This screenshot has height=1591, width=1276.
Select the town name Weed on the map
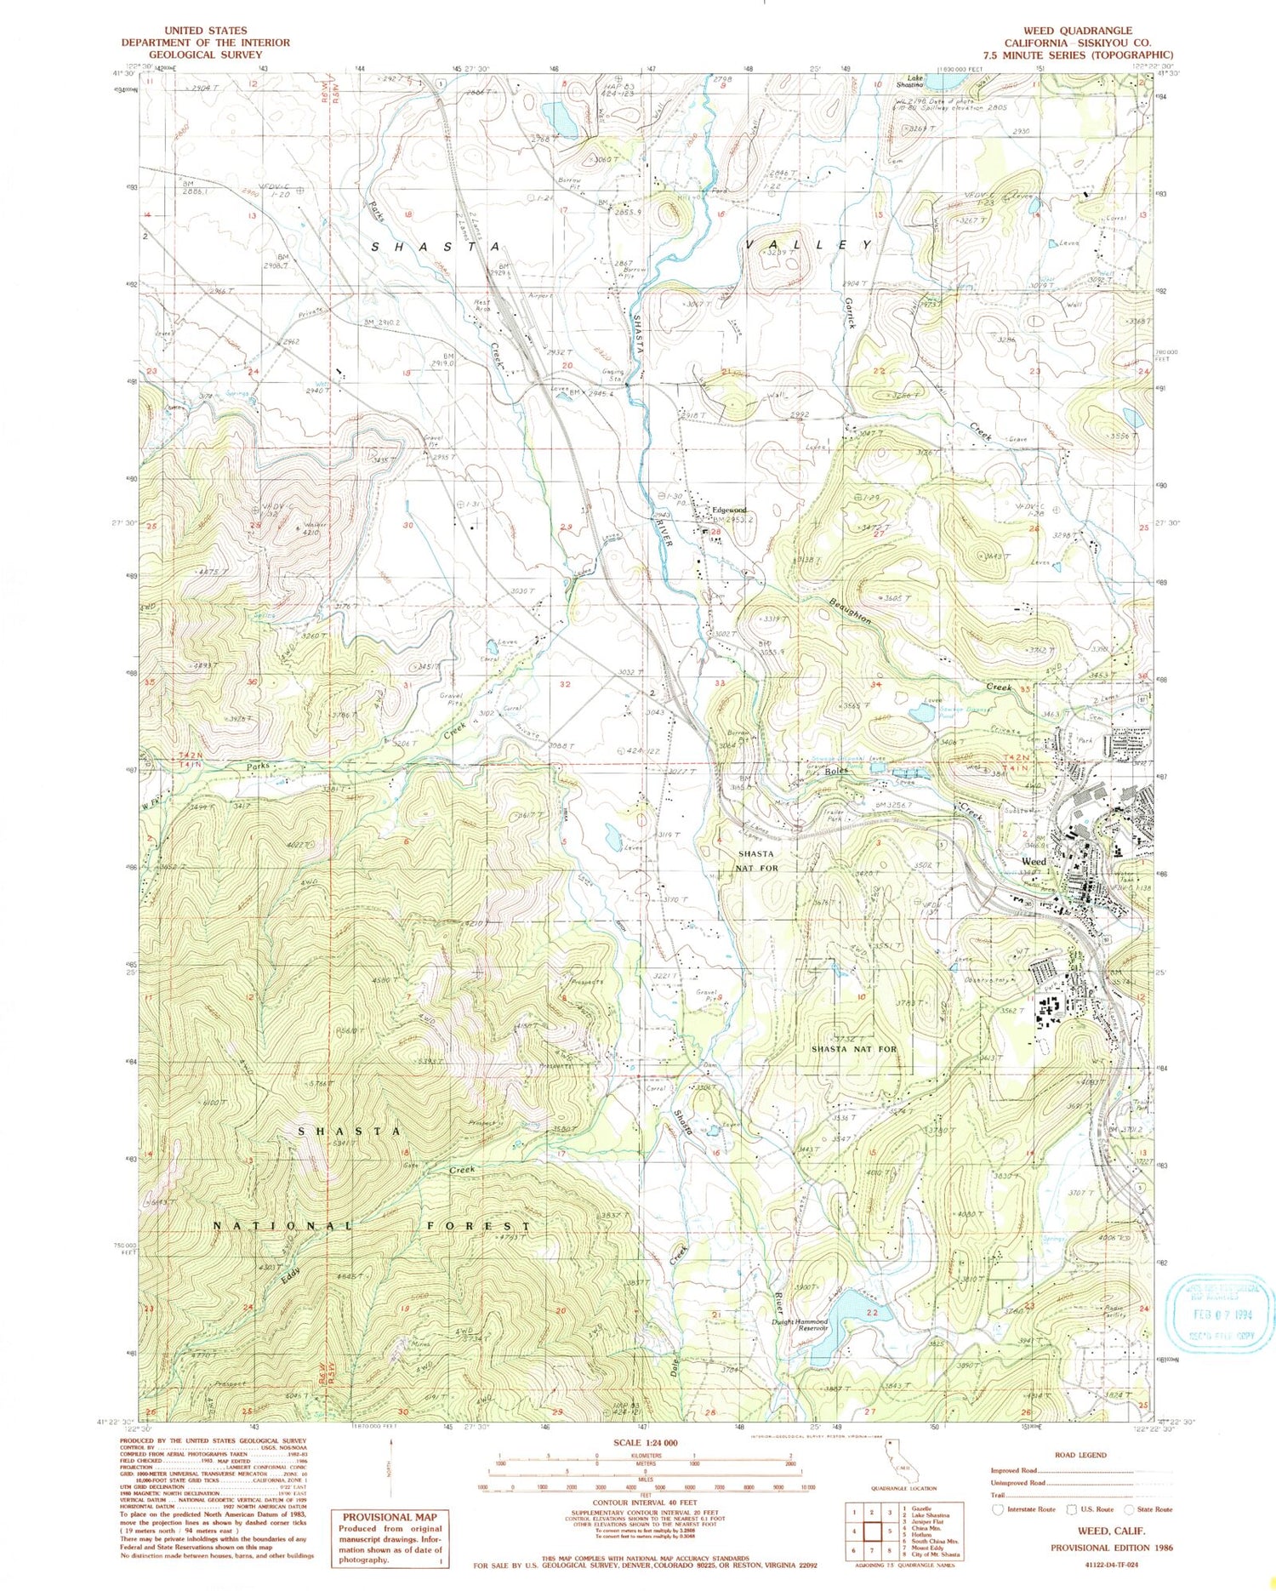pos(1034,861)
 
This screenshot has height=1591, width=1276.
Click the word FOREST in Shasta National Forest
pos(486,1226)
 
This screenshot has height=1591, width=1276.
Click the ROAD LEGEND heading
pos(1080,1455)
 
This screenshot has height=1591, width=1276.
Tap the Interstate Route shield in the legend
pos(998,1509)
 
